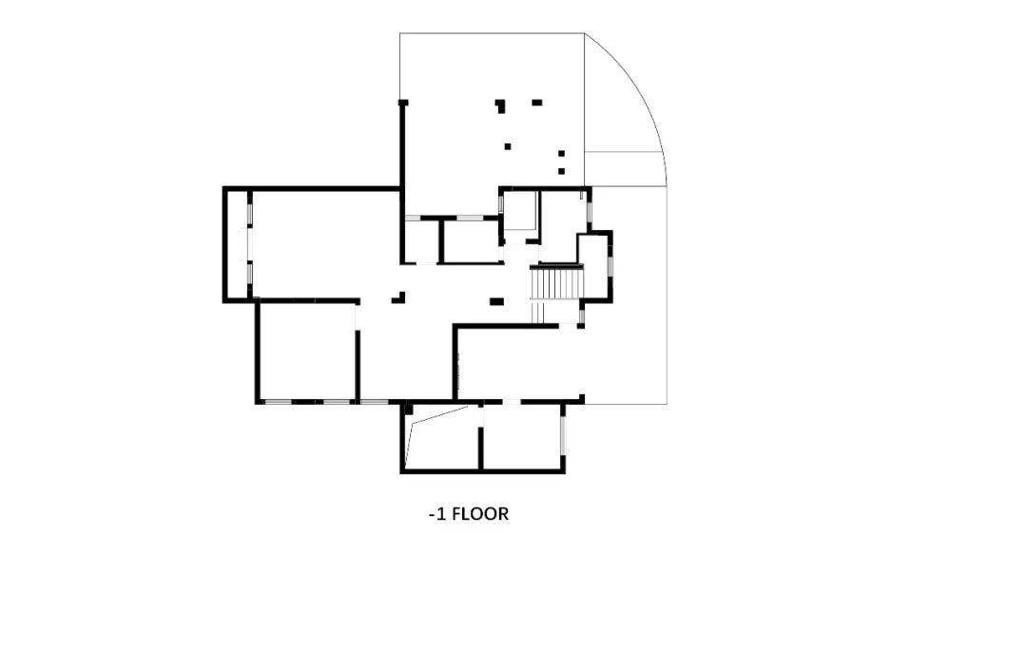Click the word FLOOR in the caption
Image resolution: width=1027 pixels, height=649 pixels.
click(x=480, y=513)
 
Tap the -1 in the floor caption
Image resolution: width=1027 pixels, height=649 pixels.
click(x=436, y=514)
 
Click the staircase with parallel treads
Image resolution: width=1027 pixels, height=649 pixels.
click(x=556, y=284)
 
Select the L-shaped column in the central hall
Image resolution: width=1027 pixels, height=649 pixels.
click(x=398, y=297)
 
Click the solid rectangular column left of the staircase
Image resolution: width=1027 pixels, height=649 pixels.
click(x=496, y=301)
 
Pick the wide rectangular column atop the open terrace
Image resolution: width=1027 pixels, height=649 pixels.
click(x=537, y=102)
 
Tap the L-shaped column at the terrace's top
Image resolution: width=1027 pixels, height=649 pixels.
click(x=500, y=105)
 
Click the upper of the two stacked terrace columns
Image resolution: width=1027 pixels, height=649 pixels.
click(x=561, y=154)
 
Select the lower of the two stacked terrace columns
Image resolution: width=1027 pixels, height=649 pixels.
click(x=561, y=171)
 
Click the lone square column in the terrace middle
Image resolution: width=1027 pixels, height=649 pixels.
click(x=507, y=146)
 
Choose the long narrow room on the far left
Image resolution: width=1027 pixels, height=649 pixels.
click(x=237, y=245)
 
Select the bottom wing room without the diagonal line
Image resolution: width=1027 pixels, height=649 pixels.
click(x=521, y=437)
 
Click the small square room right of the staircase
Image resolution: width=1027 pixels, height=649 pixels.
click(x=594, y=267)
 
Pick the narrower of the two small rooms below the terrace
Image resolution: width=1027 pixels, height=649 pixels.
click(x=421, y=241)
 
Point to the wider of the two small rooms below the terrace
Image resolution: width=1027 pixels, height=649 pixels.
click(x=472, y=241)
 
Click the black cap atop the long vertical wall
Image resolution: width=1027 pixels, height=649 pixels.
click(x=403, y=103)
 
